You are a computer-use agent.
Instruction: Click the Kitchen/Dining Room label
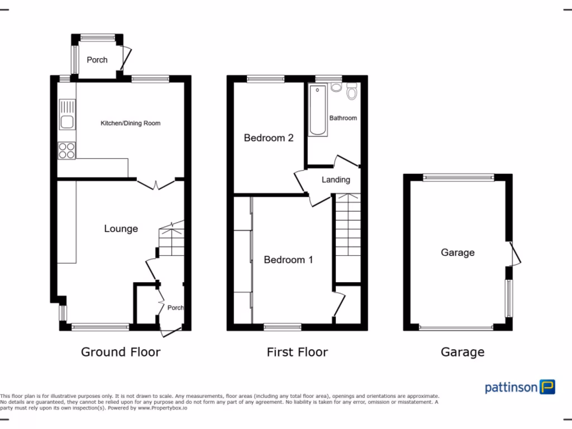pos(130,123)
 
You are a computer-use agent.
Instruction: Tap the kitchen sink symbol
pos(67,114)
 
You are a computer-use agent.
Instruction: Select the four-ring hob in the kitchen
pos(67,151)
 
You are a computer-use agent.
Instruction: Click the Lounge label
pos(121,228)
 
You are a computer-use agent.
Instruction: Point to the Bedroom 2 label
pos(269,137)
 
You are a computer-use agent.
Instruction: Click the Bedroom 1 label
pos(288,260)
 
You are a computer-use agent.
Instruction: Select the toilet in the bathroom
pos(351,91)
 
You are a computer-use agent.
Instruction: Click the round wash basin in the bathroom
pos(336,87)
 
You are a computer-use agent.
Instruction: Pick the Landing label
pos(336,180)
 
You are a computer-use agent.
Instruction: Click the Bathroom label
pos(343,118)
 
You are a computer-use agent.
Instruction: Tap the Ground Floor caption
pos(121,352)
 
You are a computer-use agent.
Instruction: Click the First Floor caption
pos(297,352)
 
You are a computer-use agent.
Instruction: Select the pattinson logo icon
pos(547,387)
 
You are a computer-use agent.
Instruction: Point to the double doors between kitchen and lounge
pos(156,183)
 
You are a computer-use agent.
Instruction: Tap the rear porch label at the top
pos(97,60)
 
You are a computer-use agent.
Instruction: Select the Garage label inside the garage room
pos(457,252)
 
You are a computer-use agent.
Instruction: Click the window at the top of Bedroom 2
pos(266,79)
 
